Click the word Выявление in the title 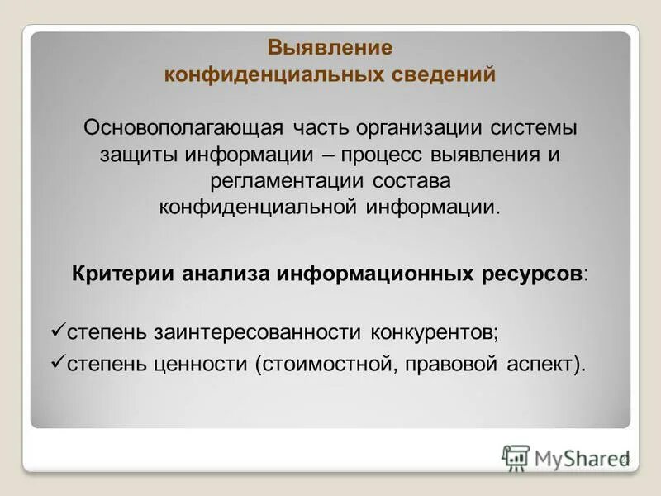click(330, 48)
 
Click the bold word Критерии click(124, 274)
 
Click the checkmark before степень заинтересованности click(57, 330)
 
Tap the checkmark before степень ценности click(57, 362)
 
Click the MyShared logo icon click(516, 457)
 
